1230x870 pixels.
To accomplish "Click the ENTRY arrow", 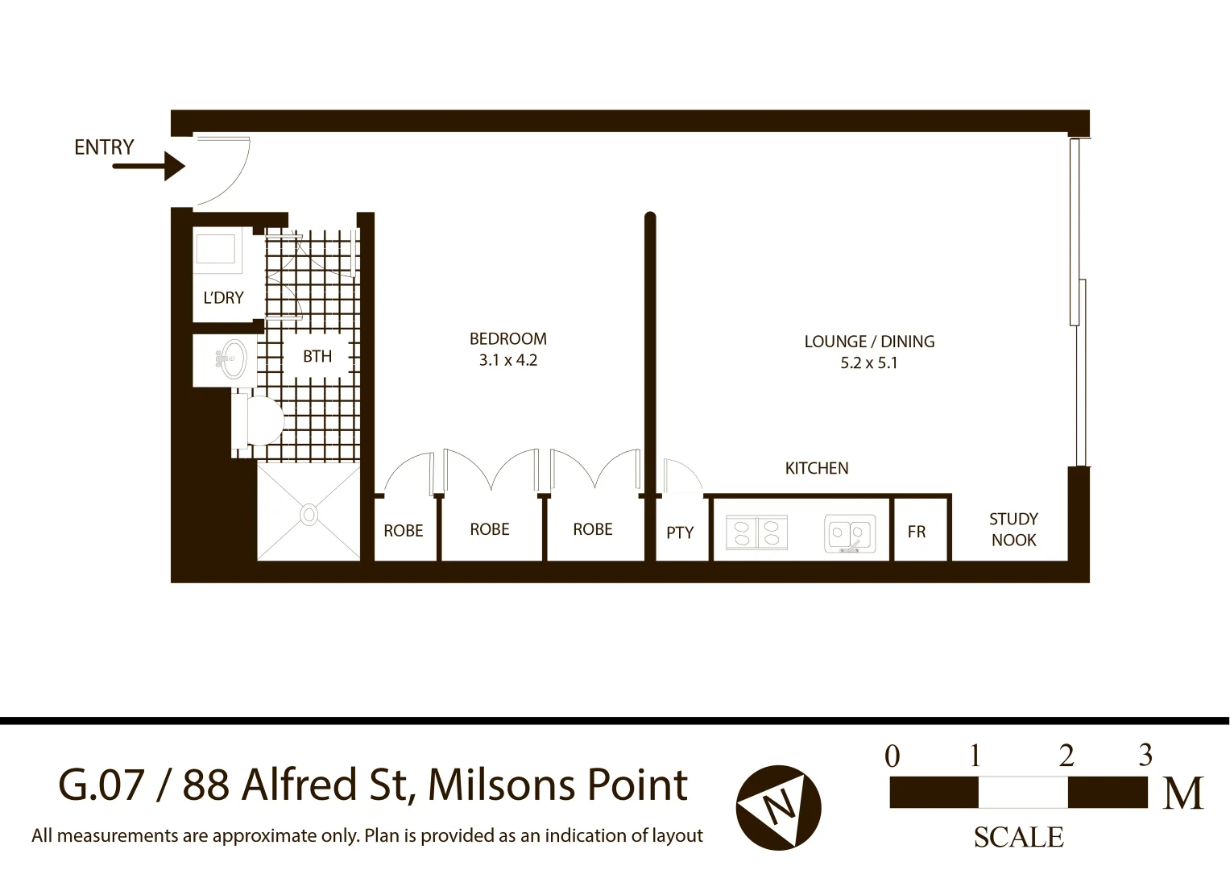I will (x=150, y=167).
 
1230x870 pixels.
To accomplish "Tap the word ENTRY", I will (x=104, y=147).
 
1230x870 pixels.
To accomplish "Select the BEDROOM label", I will (x=507, y=339).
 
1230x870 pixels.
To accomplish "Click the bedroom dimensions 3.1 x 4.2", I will (x=507, y=360).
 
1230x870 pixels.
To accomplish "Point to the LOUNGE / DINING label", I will (x=869, y=342).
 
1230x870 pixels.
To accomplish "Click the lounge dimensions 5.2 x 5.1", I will (x=868, y=363).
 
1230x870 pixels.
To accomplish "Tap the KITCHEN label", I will (x=816, y=468).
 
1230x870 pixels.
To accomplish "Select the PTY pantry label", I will (x=680, y=532).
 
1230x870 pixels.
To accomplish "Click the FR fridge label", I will (x=916, y=532).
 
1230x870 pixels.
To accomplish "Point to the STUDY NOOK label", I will (x=1013, y=529).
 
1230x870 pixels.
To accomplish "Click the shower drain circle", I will (x=309, y=514).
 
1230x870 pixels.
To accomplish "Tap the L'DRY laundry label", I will (x=223, y=298).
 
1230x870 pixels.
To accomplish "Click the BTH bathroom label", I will (x=317, y=356).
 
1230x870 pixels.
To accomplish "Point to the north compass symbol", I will (x=778, y=807).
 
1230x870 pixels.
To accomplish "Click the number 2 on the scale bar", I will (x=1066, y=756).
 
